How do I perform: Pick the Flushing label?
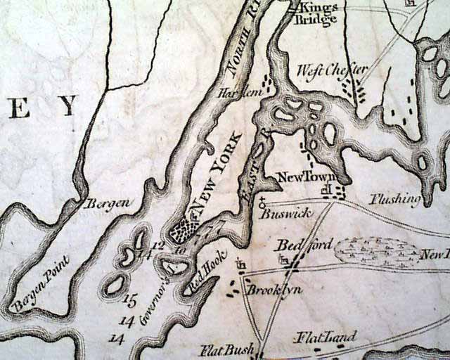pos(396,199)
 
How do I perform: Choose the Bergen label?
pos(107,204)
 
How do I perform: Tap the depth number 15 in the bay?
pos(129,300)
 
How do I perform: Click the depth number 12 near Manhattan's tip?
pos(157,244)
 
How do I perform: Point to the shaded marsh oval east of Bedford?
pos(377,250)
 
